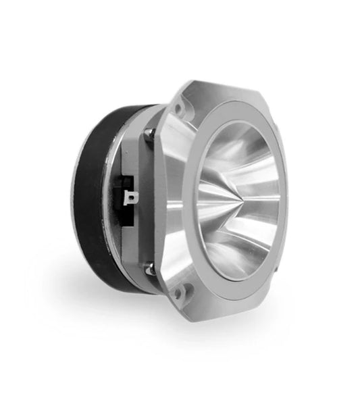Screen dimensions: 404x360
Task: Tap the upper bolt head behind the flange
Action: [149, 134]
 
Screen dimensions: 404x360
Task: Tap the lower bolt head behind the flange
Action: [150, 269]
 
